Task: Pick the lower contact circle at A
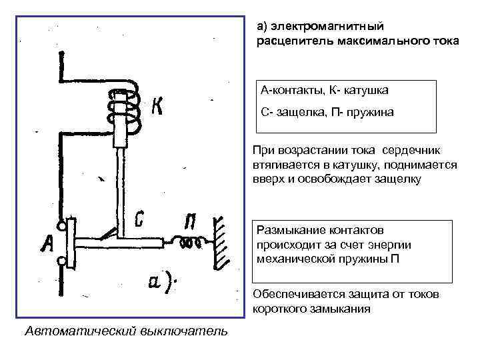coord(62,263)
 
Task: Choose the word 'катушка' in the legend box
coord(365,89)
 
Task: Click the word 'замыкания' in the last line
coord(331,309)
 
